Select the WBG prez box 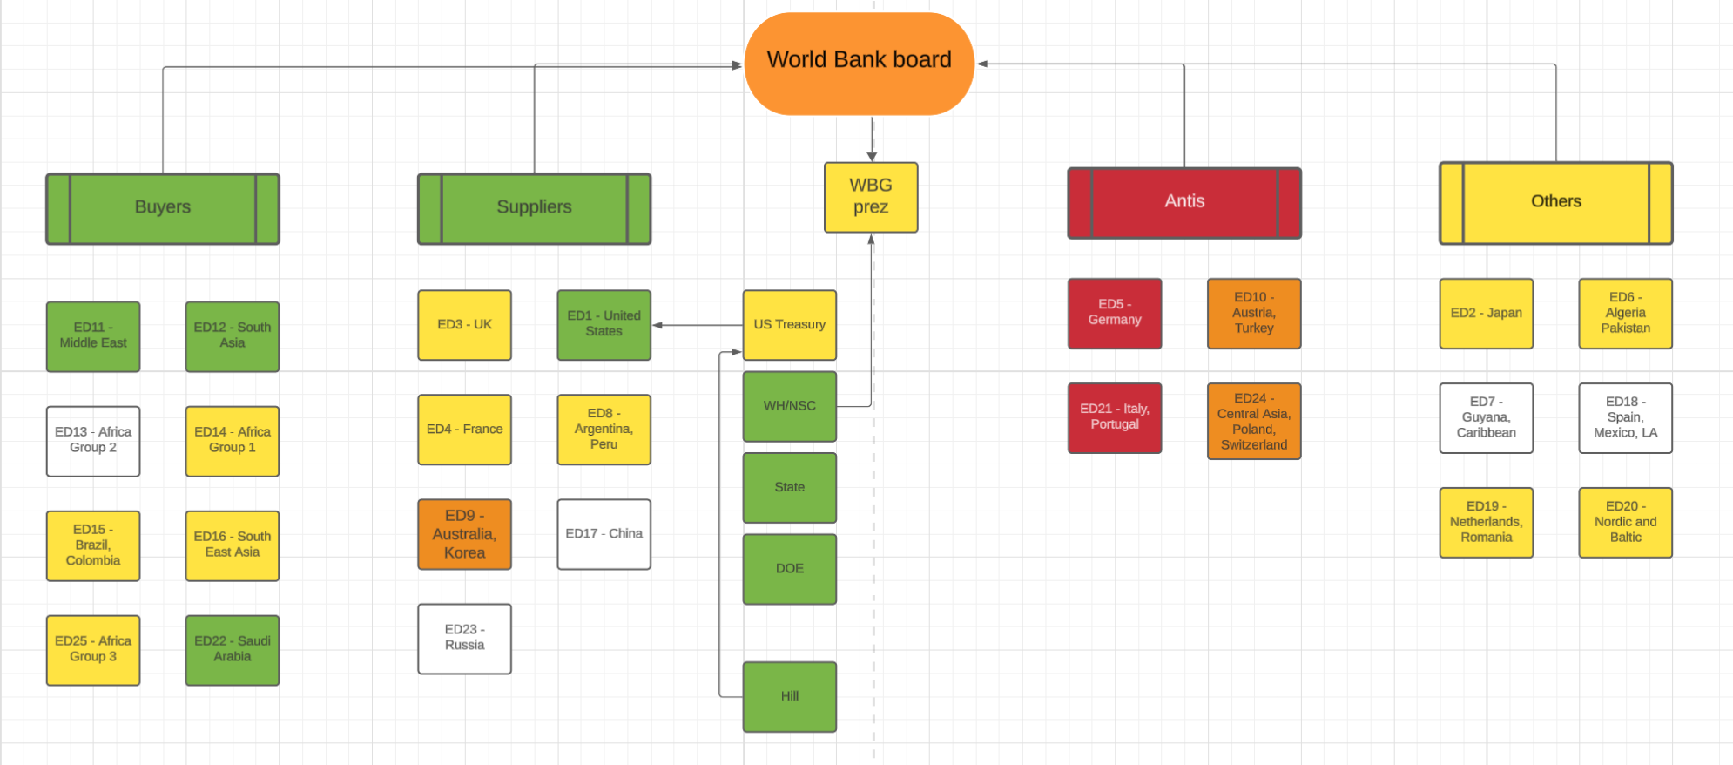[x=871, y=197]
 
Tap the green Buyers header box [x=163, y=208]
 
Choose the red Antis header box [x=1184, y=202]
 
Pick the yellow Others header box [x=1555, y=202]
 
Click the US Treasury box [x=789, y=325]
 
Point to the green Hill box [x=789, y=696]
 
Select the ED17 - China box [x=604, y=534]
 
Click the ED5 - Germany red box [x=1115, y=313]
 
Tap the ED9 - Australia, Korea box [x=464, y=534]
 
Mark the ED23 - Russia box [x=464, y=638]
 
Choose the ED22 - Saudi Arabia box [x=232, y=650]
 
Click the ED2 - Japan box [x=1486, y=313]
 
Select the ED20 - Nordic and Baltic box [x=1625, y=522]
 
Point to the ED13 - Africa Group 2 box [x=93, y=441]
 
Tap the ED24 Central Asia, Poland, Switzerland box [x=1254, y=422]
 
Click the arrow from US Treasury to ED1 [x=697, y=325]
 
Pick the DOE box [x=789, y=569]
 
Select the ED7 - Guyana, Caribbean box [x=1486, y=418]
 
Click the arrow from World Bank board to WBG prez [x=872, y=139]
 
